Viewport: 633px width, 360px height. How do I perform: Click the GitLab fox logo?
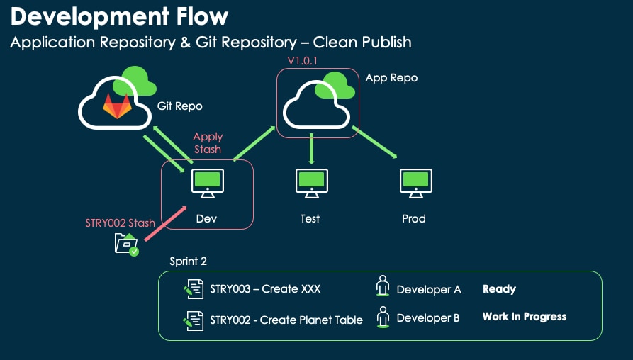click(118, 107)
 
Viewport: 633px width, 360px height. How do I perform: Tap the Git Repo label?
click(179, 106)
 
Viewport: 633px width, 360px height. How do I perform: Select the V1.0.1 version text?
click(303, 61)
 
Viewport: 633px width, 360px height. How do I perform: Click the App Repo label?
click(391, 78)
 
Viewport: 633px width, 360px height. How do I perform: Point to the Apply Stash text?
click(208, 142)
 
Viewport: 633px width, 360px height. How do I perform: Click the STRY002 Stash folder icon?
click(126, 244)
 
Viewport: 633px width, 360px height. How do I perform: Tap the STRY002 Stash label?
click(120, 223)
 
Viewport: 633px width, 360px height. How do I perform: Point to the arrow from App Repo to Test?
click(312, 150)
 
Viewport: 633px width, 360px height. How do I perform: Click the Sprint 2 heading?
click(188, 261)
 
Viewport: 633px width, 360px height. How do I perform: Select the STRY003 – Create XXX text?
click(265, 289)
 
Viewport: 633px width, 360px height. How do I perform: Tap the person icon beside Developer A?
click(383, 287)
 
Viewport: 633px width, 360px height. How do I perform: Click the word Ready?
click(499, 289)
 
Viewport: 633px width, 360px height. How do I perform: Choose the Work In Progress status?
click(524, 317)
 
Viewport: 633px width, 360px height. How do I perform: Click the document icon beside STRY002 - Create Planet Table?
click(194, 320)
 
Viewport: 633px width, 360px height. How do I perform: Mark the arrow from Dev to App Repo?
click(254, 144)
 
